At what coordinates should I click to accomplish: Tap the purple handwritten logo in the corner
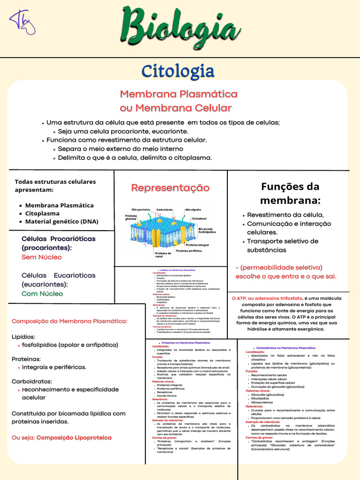pos(22,22)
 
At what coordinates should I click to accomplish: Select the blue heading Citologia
pos(178,72)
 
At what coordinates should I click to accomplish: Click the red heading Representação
pos(170,188)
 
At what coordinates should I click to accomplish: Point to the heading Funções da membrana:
pos(290,193)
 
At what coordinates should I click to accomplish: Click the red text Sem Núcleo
pos(41,257)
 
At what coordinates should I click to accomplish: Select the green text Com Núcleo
pos(42,293)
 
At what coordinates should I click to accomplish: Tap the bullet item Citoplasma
pos(42,213)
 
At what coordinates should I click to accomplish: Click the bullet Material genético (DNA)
pos(61,221)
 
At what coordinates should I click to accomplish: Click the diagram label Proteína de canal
pos(163,255)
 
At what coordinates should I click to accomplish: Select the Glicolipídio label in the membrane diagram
pos(193,209)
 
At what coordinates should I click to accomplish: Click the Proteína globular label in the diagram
pos(131,217)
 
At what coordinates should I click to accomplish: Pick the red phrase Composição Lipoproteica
pos(74,437)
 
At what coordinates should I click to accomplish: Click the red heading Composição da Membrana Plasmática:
pos(69,321)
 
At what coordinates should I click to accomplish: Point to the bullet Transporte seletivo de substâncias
pos(283,246)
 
